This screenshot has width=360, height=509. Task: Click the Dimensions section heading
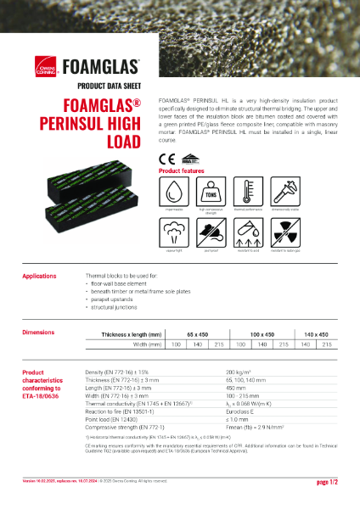point(38,333)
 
